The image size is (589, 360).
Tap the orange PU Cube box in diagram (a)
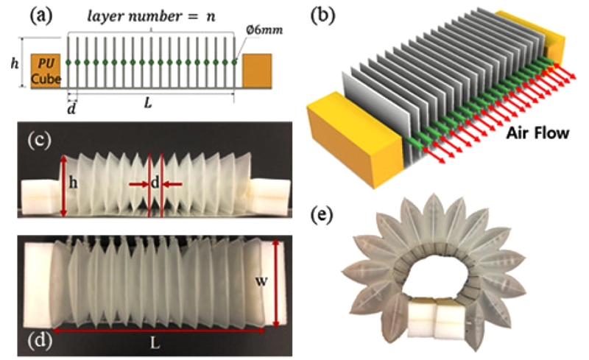(43, 71)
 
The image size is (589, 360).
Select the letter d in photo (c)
(155, 182)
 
